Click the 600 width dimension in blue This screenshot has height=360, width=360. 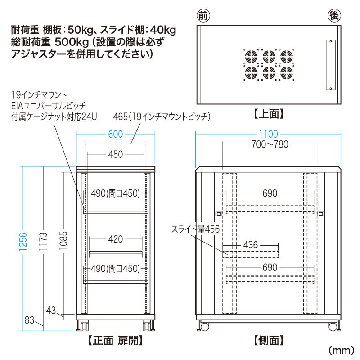(x=115, y=134)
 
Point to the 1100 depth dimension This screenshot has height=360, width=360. (x=269, y=134)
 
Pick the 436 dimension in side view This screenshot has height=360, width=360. (x=250, y=245)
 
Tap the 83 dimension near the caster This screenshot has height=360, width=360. (x=30, y=320)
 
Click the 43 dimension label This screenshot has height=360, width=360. (x=51, y=310)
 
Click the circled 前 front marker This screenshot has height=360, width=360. (x=203, y=16)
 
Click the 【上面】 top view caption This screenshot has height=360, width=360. (x=269, y=114)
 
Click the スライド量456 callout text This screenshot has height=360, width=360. (x=195, y=229)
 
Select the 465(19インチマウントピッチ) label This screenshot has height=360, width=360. (x=162, y=117)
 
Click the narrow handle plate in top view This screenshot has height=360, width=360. (x=329, y=65)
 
